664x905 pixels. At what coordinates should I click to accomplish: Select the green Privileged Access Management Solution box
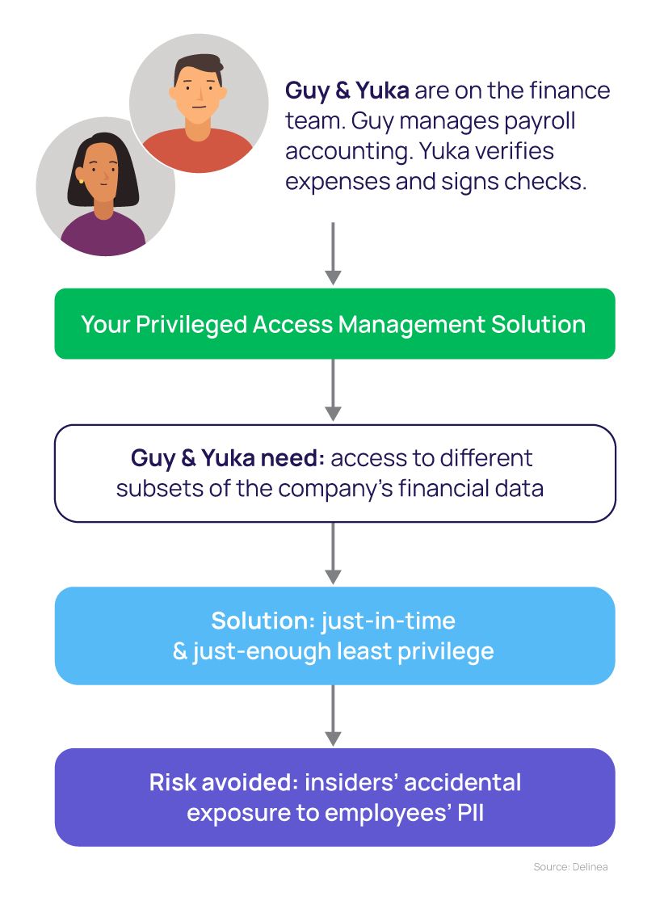click(x=334, y=324)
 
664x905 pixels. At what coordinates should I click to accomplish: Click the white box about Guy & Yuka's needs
click(x=334, y=474)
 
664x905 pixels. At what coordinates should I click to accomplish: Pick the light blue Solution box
click(x=334, y=636)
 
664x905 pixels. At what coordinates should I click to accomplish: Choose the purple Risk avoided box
click(x=334, y=797)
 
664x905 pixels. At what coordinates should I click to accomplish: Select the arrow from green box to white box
click(x=333, y=390)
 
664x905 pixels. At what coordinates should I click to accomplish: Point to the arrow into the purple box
click(x=333, y=716)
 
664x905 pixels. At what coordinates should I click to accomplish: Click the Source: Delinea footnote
click(x=569, y=867)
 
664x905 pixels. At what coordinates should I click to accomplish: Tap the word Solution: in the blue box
click(x=263, y=621)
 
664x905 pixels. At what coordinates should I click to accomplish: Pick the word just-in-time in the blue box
click(x=389, y=621)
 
